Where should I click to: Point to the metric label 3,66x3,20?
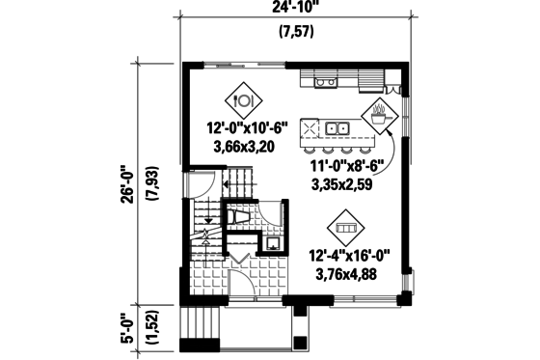(244, 148)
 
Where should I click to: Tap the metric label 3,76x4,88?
(346, 273)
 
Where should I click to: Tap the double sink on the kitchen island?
(337, 126)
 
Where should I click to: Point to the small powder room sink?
(275, 241)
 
